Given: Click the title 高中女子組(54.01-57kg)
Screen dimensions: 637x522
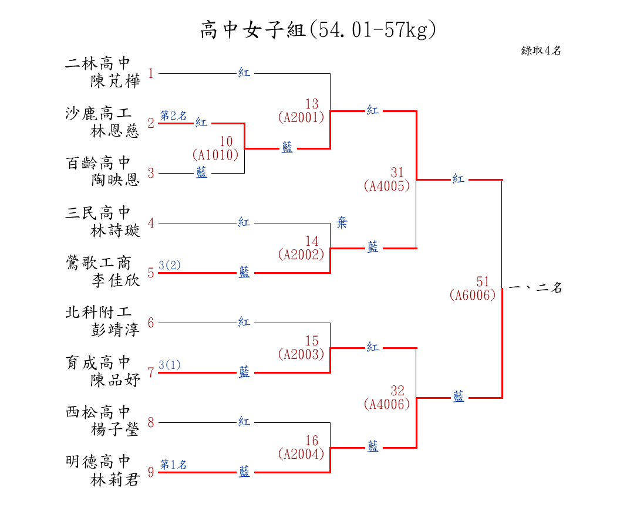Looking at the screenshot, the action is [318, 30].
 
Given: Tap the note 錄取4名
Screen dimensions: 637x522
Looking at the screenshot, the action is [541, 50].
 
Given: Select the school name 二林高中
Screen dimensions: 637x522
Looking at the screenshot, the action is [98, 63].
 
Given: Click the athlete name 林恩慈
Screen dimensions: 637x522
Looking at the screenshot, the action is [115, 131].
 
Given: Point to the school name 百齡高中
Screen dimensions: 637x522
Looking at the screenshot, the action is [98, 163].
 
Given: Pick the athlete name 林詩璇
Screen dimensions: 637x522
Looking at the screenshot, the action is [115, 231].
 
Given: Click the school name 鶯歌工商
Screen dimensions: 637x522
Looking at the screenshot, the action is [98, 263].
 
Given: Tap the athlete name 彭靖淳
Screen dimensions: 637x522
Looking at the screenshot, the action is [115, 330].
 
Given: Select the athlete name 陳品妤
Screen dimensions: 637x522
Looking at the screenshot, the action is [115, 380].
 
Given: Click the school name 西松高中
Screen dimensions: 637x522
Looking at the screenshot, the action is [98, 412].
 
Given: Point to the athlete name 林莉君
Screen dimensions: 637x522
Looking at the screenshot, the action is [115, 480].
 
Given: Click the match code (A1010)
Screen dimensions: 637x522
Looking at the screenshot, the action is [215, 155].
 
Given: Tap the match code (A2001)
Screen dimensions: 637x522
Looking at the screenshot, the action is [301, 117].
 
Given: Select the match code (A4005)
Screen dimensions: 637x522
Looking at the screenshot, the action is [387, 186].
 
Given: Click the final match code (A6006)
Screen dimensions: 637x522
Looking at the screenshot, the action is [473, 294].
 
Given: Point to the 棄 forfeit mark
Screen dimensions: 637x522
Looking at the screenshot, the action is [342, 222].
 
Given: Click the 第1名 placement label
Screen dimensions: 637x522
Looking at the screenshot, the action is [173, 465].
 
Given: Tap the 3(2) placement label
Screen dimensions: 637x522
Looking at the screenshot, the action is [170, 265].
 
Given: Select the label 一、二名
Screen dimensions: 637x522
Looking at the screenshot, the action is [535, 288].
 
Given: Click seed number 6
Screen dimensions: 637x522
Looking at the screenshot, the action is [151, 323].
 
